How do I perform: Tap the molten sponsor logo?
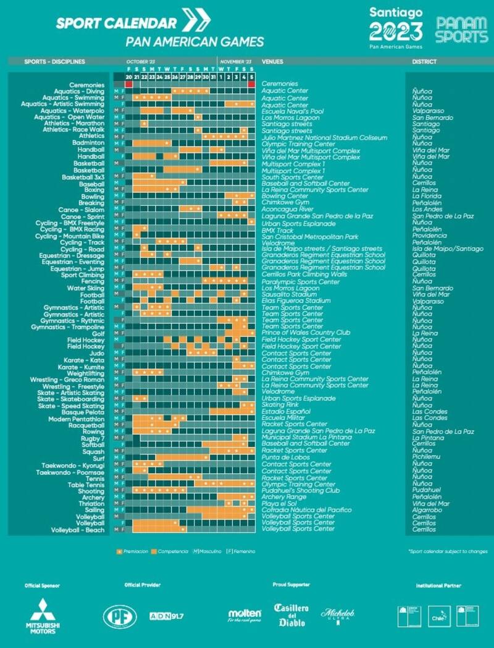245,615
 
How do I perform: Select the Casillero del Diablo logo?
291,615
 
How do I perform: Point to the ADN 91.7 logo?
167,616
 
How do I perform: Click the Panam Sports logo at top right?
461,29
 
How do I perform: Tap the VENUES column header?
273,62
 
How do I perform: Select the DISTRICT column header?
424,62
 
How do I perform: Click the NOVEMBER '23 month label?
236,62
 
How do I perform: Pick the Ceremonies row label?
86,85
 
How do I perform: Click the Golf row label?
98,333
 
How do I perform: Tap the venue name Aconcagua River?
288,210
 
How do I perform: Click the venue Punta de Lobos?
285,458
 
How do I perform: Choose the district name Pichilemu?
425,458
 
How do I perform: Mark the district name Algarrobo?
427,510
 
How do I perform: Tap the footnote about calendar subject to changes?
447,551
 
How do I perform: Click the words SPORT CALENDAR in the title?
116,23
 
